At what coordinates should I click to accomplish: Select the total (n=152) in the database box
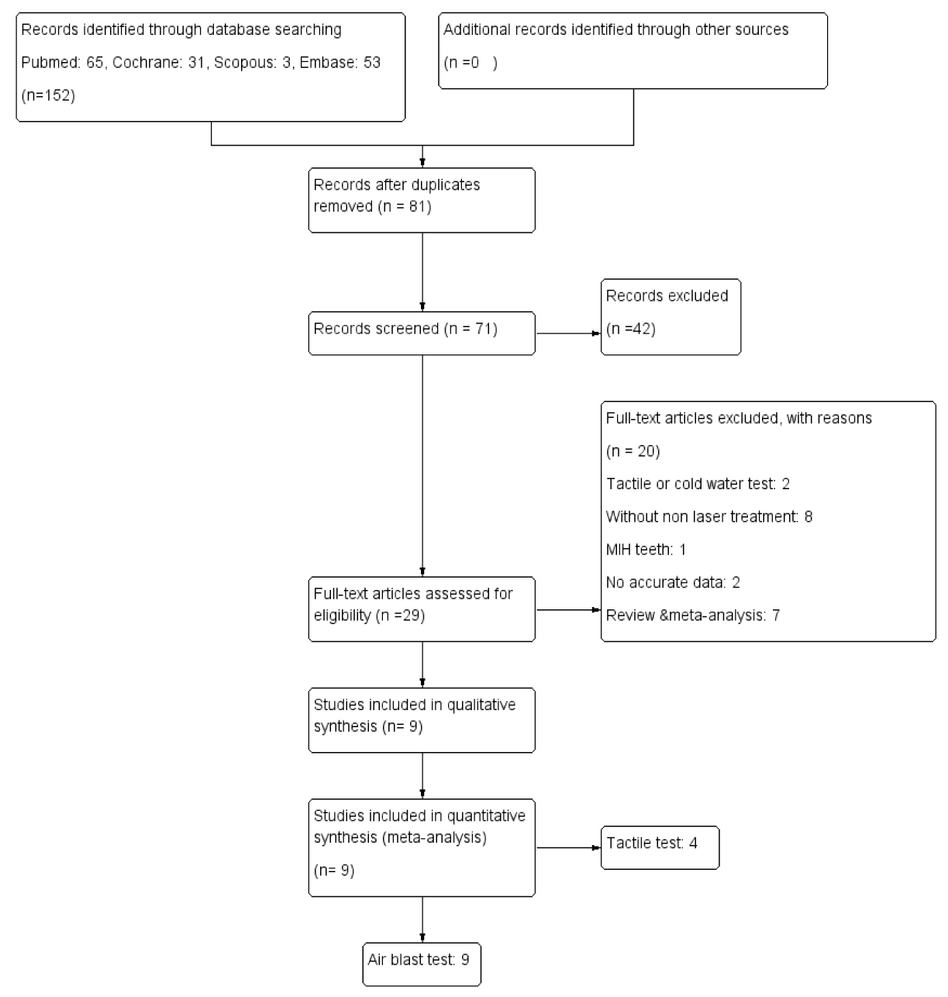click(48, 95)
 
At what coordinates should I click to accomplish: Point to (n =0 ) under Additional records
click(471, 63)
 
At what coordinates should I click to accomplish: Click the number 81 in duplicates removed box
click(418, 206)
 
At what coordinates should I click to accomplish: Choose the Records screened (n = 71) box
click(422, 333)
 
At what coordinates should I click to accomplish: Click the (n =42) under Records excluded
click(630, 329)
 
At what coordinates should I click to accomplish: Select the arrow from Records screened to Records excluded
click(569, 333)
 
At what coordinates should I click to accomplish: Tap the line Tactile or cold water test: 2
click(698, 484)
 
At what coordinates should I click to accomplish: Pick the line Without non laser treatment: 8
click(708, 517)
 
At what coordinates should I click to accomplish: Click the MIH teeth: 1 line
click(646, 550)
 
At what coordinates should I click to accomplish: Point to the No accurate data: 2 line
click(673, 583)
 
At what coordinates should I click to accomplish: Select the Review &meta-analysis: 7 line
click(692, 616)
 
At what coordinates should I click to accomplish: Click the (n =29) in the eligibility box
click(400, 616)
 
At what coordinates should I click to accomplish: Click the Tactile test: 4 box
click(660, 848)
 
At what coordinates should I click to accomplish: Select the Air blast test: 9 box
click(422, 964)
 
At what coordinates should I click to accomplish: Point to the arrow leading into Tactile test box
click(569, 847)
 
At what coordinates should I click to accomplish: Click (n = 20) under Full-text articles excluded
click(633, 451)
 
